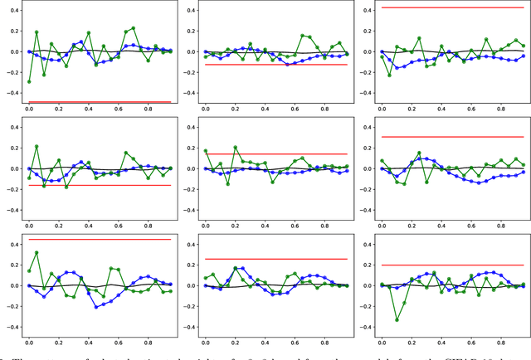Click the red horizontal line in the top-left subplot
click(100, 102)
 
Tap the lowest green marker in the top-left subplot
click(29, 81)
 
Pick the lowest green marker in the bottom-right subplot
click(397, 319)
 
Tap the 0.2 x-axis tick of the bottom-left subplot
click(66, 342)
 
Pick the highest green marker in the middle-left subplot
click(37, 146)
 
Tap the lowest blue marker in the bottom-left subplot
click(95, 307)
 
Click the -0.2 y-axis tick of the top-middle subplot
click(188, 72)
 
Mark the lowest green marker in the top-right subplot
click(389, 75)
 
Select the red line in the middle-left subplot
click(100, 185)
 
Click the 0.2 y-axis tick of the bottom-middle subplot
click(189, 265)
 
